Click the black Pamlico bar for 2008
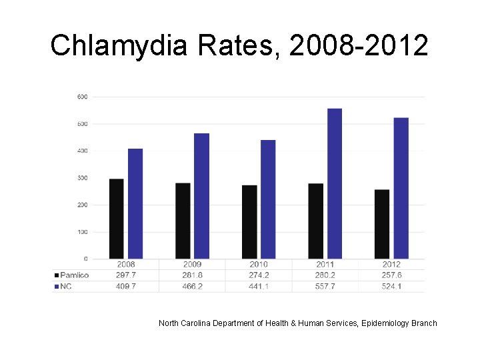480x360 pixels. point(116,219)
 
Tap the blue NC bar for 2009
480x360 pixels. point(201,196)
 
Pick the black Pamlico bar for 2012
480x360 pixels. point(382,224)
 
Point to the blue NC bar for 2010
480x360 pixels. point(268,199)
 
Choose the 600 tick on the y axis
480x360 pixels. point(82,97)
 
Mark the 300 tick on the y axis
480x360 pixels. point(82,178)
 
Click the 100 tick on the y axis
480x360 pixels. point(82,232)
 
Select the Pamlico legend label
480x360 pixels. point(74,275)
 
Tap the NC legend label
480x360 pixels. point(65,286)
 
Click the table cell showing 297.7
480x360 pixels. point(125,275)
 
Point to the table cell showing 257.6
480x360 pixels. point(392,275)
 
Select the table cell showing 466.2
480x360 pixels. point(192,286)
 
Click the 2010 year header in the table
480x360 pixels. point(259,265)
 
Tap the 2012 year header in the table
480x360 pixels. point(392,265)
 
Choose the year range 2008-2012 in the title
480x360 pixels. point(359,45)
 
